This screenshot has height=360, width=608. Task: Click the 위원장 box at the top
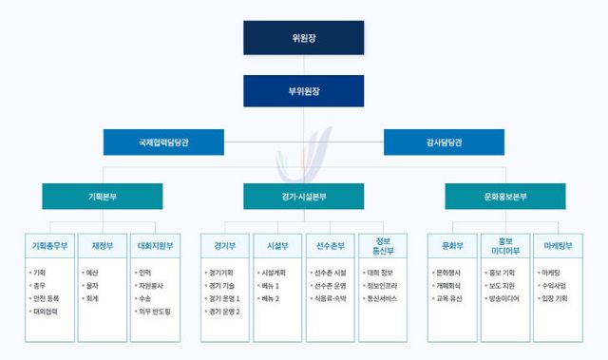point(303,38)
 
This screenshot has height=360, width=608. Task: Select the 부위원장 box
point(303,91)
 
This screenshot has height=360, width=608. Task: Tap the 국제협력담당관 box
point(163,142)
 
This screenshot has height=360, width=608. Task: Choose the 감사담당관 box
point(443,142)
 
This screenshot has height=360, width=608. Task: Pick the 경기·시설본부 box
point(303,196)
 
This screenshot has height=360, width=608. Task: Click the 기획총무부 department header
point(49,246)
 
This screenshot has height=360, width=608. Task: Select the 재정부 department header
point(102,246)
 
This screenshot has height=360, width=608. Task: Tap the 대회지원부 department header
point(155,246)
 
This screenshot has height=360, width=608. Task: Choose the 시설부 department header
point(278,246)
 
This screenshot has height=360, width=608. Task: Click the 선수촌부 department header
point(331,246)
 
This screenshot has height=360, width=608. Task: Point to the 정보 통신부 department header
point(384,246)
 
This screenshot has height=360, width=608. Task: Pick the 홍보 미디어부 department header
point(505,246)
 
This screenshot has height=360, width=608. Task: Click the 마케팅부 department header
point(558,246)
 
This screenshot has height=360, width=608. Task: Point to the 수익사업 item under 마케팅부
point(553,285)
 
